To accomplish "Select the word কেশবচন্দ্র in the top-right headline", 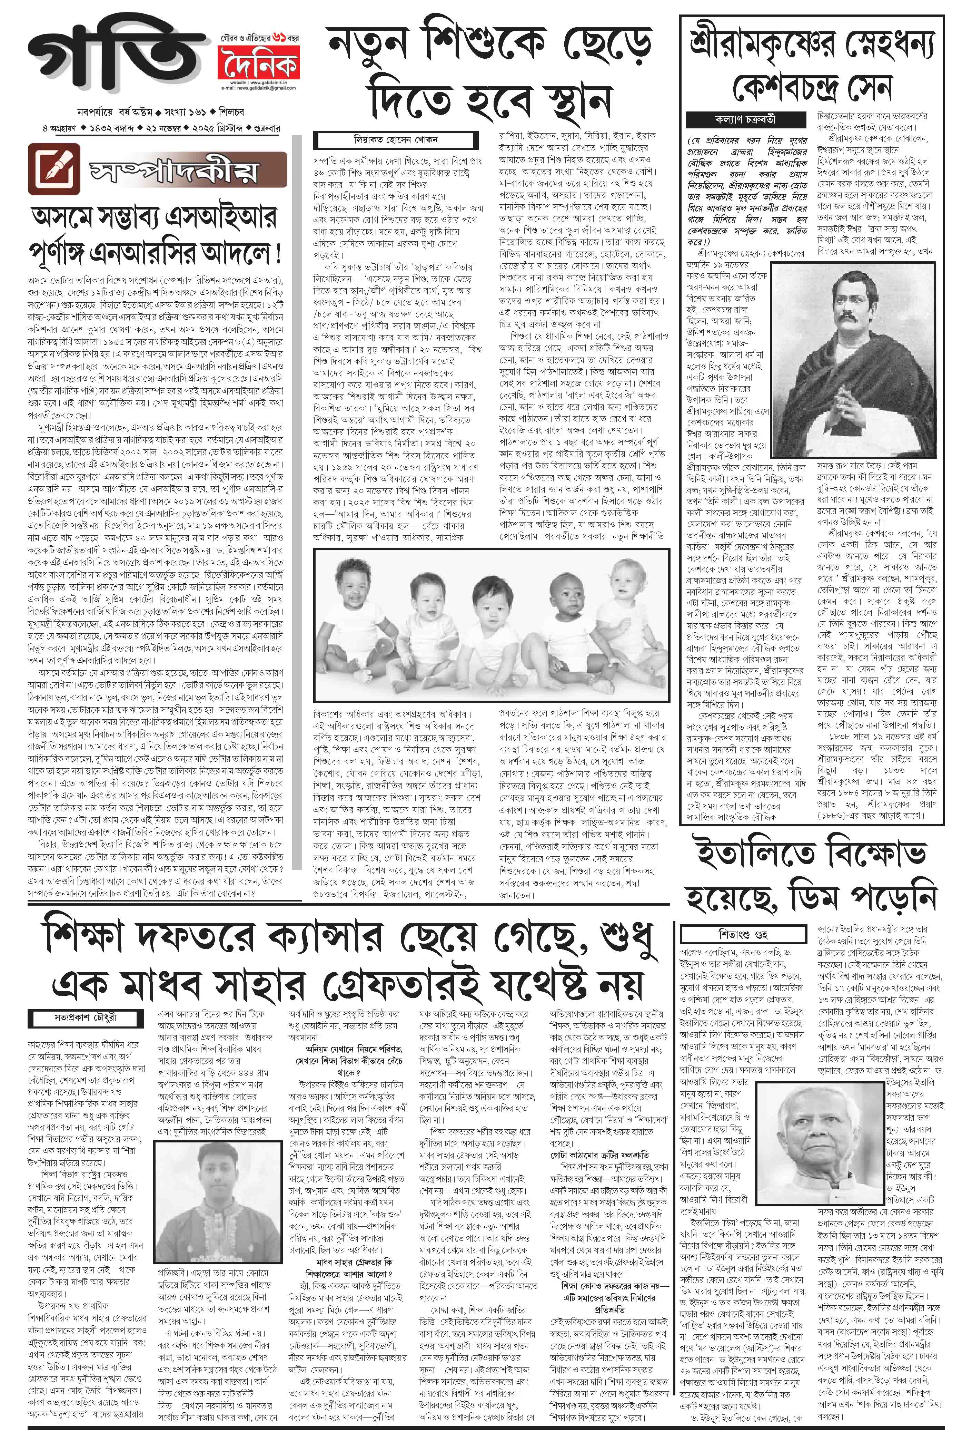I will (795, 88).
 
